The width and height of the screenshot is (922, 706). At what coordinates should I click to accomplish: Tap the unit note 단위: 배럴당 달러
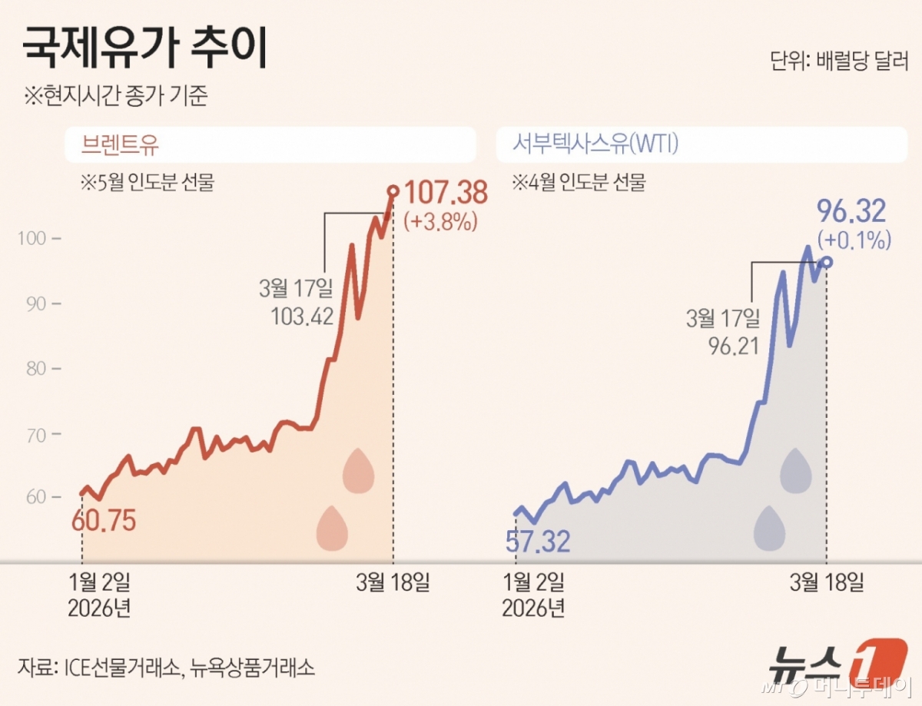tap(839, 61)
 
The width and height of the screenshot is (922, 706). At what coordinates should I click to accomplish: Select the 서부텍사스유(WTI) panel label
tap(595, 144)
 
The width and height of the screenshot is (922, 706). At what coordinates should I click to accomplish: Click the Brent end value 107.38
tap(446, 193)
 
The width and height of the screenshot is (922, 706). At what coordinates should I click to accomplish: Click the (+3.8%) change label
tap(441, 222)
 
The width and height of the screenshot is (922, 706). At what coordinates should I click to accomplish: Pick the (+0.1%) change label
tap(854, 240)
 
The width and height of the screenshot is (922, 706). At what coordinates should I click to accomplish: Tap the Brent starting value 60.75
tap(103, 521)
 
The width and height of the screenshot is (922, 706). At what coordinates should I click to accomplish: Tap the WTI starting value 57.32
tap(538, 542)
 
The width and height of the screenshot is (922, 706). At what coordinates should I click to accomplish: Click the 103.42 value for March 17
tap(302, 315)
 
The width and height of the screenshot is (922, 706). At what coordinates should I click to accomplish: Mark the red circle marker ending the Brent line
tap(393, 191)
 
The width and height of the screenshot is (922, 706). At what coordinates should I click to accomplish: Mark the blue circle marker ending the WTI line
tap(827, 262)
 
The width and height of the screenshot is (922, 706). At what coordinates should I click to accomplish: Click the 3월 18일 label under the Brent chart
tap(393, 582)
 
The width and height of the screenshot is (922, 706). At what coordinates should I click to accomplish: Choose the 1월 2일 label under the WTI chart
tap(533, 582)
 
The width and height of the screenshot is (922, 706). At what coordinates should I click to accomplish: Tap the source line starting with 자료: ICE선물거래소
tap(166, 666)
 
